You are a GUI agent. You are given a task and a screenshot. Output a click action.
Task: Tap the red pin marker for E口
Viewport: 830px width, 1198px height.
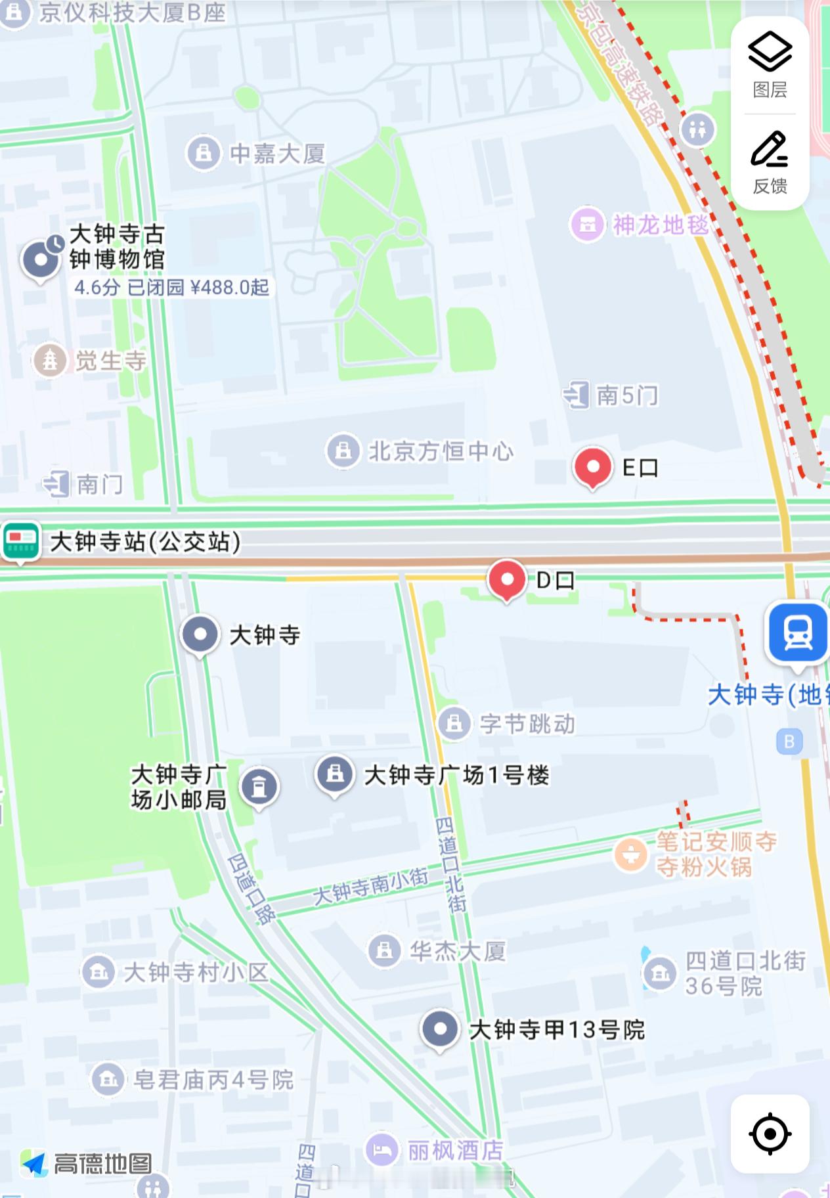coord(593,467)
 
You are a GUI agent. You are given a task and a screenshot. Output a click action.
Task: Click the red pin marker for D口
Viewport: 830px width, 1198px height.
coord(507,579)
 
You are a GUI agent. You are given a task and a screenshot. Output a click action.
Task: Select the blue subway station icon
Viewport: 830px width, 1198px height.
coord(798,633)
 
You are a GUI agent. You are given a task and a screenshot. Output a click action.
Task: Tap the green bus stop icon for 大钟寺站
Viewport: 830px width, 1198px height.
coord(21,542)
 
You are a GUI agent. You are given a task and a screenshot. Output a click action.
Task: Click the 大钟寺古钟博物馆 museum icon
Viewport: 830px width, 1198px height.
coord(41,259)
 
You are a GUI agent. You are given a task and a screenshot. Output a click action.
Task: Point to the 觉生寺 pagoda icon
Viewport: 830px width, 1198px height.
coord(50,360)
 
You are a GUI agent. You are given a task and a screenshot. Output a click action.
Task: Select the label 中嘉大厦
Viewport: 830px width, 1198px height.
coord(278,154)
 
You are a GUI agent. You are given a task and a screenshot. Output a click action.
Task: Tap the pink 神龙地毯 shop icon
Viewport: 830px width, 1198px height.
coord(587,225)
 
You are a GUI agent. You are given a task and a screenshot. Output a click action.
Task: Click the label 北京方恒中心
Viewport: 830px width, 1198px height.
coord(441,451)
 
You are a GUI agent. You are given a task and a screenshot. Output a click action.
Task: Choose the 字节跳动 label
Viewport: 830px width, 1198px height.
coord(527,724)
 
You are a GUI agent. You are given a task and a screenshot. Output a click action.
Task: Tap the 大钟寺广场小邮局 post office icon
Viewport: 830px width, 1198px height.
coord(259,786)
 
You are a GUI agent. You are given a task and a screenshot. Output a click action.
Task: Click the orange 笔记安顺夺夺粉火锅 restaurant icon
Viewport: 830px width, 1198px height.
coord(630,854)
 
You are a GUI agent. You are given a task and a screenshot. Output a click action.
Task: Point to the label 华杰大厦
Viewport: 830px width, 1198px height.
coord(458,951)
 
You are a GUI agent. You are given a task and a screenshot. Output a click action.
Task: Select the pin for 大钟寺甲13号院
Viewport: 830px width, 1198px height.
coord(440,1029)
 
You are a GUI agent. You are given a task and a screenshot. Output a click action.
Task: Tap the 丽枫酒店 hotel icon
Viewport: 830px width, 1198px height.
coord(382,1149)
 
